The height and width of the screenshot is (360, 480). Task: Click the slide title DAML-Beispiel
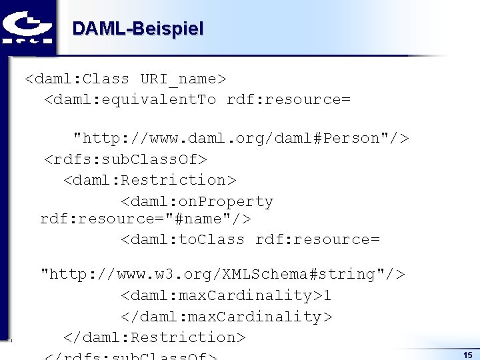pyautogui.click(x=137, y=29)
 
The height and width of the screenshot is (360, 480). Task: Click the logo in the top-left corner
pyautogui.click(x=27, y=27)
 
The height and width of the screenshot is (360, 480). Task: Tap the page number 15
pyautogui.click(x=467, y=355)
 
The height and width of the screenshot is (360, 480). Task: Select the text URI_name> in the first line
pyautogui.click(x=183, y=79)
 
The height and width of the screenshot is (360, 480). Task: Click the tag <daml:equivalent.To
pyautogui.click(x=130, y=100)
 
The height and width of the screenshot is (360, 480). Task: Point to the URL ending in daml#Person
pyautogui.click(x=241, y=139)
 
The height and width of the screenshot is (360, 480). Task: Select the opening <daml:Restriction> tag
pyautogui.click(x=150, y=181)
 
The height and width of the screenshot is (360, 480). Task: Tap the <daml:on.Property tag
pyautogui.click(x=197, y=201)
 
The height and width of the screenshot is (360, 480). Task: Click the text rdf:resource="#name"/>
pyautogui.click(x=145, y=219)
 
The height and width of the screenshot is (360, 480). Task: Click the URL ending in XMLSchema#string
pyautogui.click(x=223, y=274)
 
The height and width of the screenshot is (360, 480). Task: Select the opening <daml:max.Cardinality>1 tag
pyautogui.click(x=225, y=295)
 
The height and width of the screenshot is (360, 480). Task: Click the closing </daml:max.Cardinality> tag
pyautogui.click(x=226, y=317)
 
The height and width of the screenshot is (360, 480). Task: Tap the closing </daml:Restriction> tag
pyautogui.click(x=155, y=337)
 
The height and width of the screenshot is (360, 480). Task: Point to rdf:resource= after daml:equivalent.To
pyautogui.click(x=289, y=100)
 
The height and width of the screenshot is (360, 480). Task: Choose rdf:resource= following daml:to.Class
pyautogui.click(x=317, y=239)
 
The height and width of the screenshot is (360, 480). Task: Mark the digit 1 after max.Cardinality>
pyautogui.click(x=327, y=295)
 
